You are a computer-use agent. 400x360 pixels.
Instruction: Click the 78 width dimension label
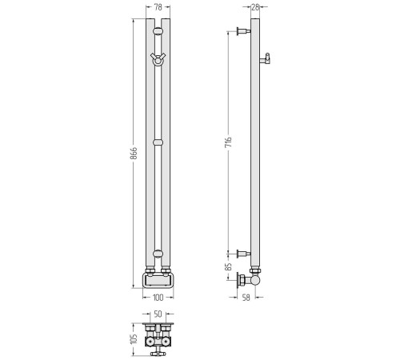click(x=158, y=7)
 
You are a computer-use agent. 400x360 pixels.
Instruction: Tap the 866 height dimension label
click(x=134, y=153)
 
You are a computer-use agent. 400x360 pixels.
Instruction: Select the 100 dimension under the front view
click(x=158, y=298)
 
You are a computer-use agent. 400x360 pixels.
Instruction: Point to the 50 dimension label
click(x=158, y=314)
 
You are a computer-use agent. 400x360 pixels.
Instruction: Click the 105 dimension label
click(x=134, y=339)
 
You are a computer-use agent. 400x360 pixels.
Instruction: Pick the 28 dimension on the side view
click(x=255, y=7)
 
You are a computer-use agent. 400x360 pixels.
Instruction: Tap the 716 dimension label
click(x=229, y=142)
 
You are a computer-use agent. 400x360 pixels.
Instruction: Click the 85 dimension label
click(x=228, y=267)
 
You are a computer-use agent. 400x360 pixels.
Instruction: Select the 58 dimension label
click(x=246, y=298)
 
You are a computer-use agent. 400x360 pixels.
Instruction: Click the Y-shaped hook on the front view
click(x=158, y=58)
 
